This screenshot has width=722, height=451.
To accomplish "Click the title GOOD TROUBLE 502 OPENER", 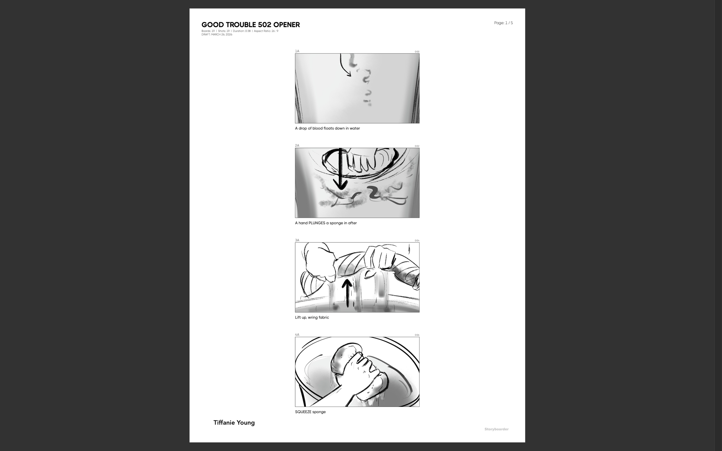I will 250,25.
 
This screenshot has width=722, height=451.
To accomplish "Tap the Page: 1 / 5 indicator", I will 503,23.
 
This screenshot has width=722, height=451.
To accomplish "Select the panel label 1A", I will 297,51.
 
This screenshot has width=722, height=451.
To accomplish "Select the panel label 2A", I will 297,145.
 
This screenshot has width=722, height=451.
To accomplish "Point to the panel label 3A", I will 297,240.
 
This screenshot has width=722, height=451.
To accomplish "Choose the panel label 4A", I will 297,335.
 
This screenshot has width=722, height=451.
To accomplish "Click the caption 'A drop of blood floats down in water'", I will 327,128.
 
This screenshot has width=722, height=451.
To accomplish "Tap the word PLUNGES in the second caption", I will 317,223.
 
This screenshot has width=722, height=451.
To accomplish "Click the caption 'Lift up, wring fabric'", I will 312,317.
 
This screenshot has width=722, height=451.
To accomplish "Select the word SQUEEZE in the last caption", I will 303,412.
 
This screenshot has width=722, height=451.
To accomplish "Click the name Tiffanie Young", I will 234,423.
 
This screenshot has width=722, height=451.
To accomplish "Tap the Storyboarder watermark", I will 496,429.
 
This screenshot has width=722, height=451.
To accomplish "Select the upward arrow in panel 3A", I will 347,292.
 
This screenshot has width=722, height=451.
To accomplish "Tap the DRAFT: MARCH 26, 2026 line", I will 217,35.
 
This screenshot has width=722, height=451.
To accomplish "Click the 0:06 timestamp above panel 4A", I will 417,335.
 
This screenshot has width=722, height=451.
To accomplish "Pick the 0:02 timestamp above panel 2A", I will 417,146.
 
